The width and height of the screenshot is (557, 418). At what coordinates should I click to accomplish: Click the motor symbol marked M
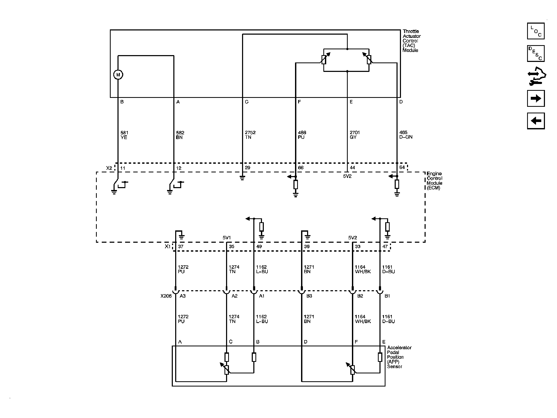pos(118,75)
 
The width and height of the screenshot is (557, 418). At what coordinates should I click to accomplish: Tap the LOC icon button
pos(536,31)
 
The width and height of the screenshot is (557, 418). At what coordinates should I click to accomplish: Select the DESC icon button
pos(536,54)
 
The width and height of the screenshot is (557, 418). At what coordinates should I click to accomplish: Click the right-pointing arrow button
pos(536,98)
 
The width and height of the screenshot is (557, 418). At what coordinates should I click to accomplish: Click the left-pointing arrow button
pos(536,121)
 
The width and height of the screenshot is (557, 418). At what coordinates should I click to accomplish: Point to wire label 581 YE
pos(124,135)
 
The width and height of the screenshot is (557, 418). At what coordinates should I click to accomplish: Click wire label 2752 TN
pos(250,135)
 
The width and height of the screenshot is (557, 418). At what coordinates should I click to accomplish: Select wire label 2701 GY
pos(355,135)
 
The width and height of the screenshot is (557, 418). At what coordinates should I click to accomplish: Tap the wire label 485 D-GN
pos(406,135)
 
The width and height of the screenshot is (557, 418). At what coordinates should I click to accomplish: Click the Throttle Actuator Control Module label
pos(412,41)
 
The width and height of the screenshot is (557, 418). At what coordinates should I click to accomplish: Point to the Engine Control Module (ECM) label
pos(435,181)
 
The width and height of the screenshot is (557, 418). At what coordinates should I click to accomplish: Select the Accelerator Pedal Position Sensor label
pos(399,357)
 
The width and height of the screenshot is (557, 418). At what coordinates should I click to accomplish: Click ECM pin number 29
pos(247,168)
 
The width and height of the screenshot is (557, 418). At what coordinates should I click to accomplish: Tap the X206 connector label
pos(166,296)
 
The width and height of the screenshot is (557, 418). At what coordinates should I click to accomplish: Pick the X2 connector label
pos(109,168)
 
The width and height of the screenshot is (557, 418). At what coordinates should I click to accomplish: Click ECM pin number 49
pos(259,246)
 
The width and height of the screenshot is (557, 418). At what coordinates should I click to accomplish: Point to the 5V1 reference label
pos(227,238)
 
